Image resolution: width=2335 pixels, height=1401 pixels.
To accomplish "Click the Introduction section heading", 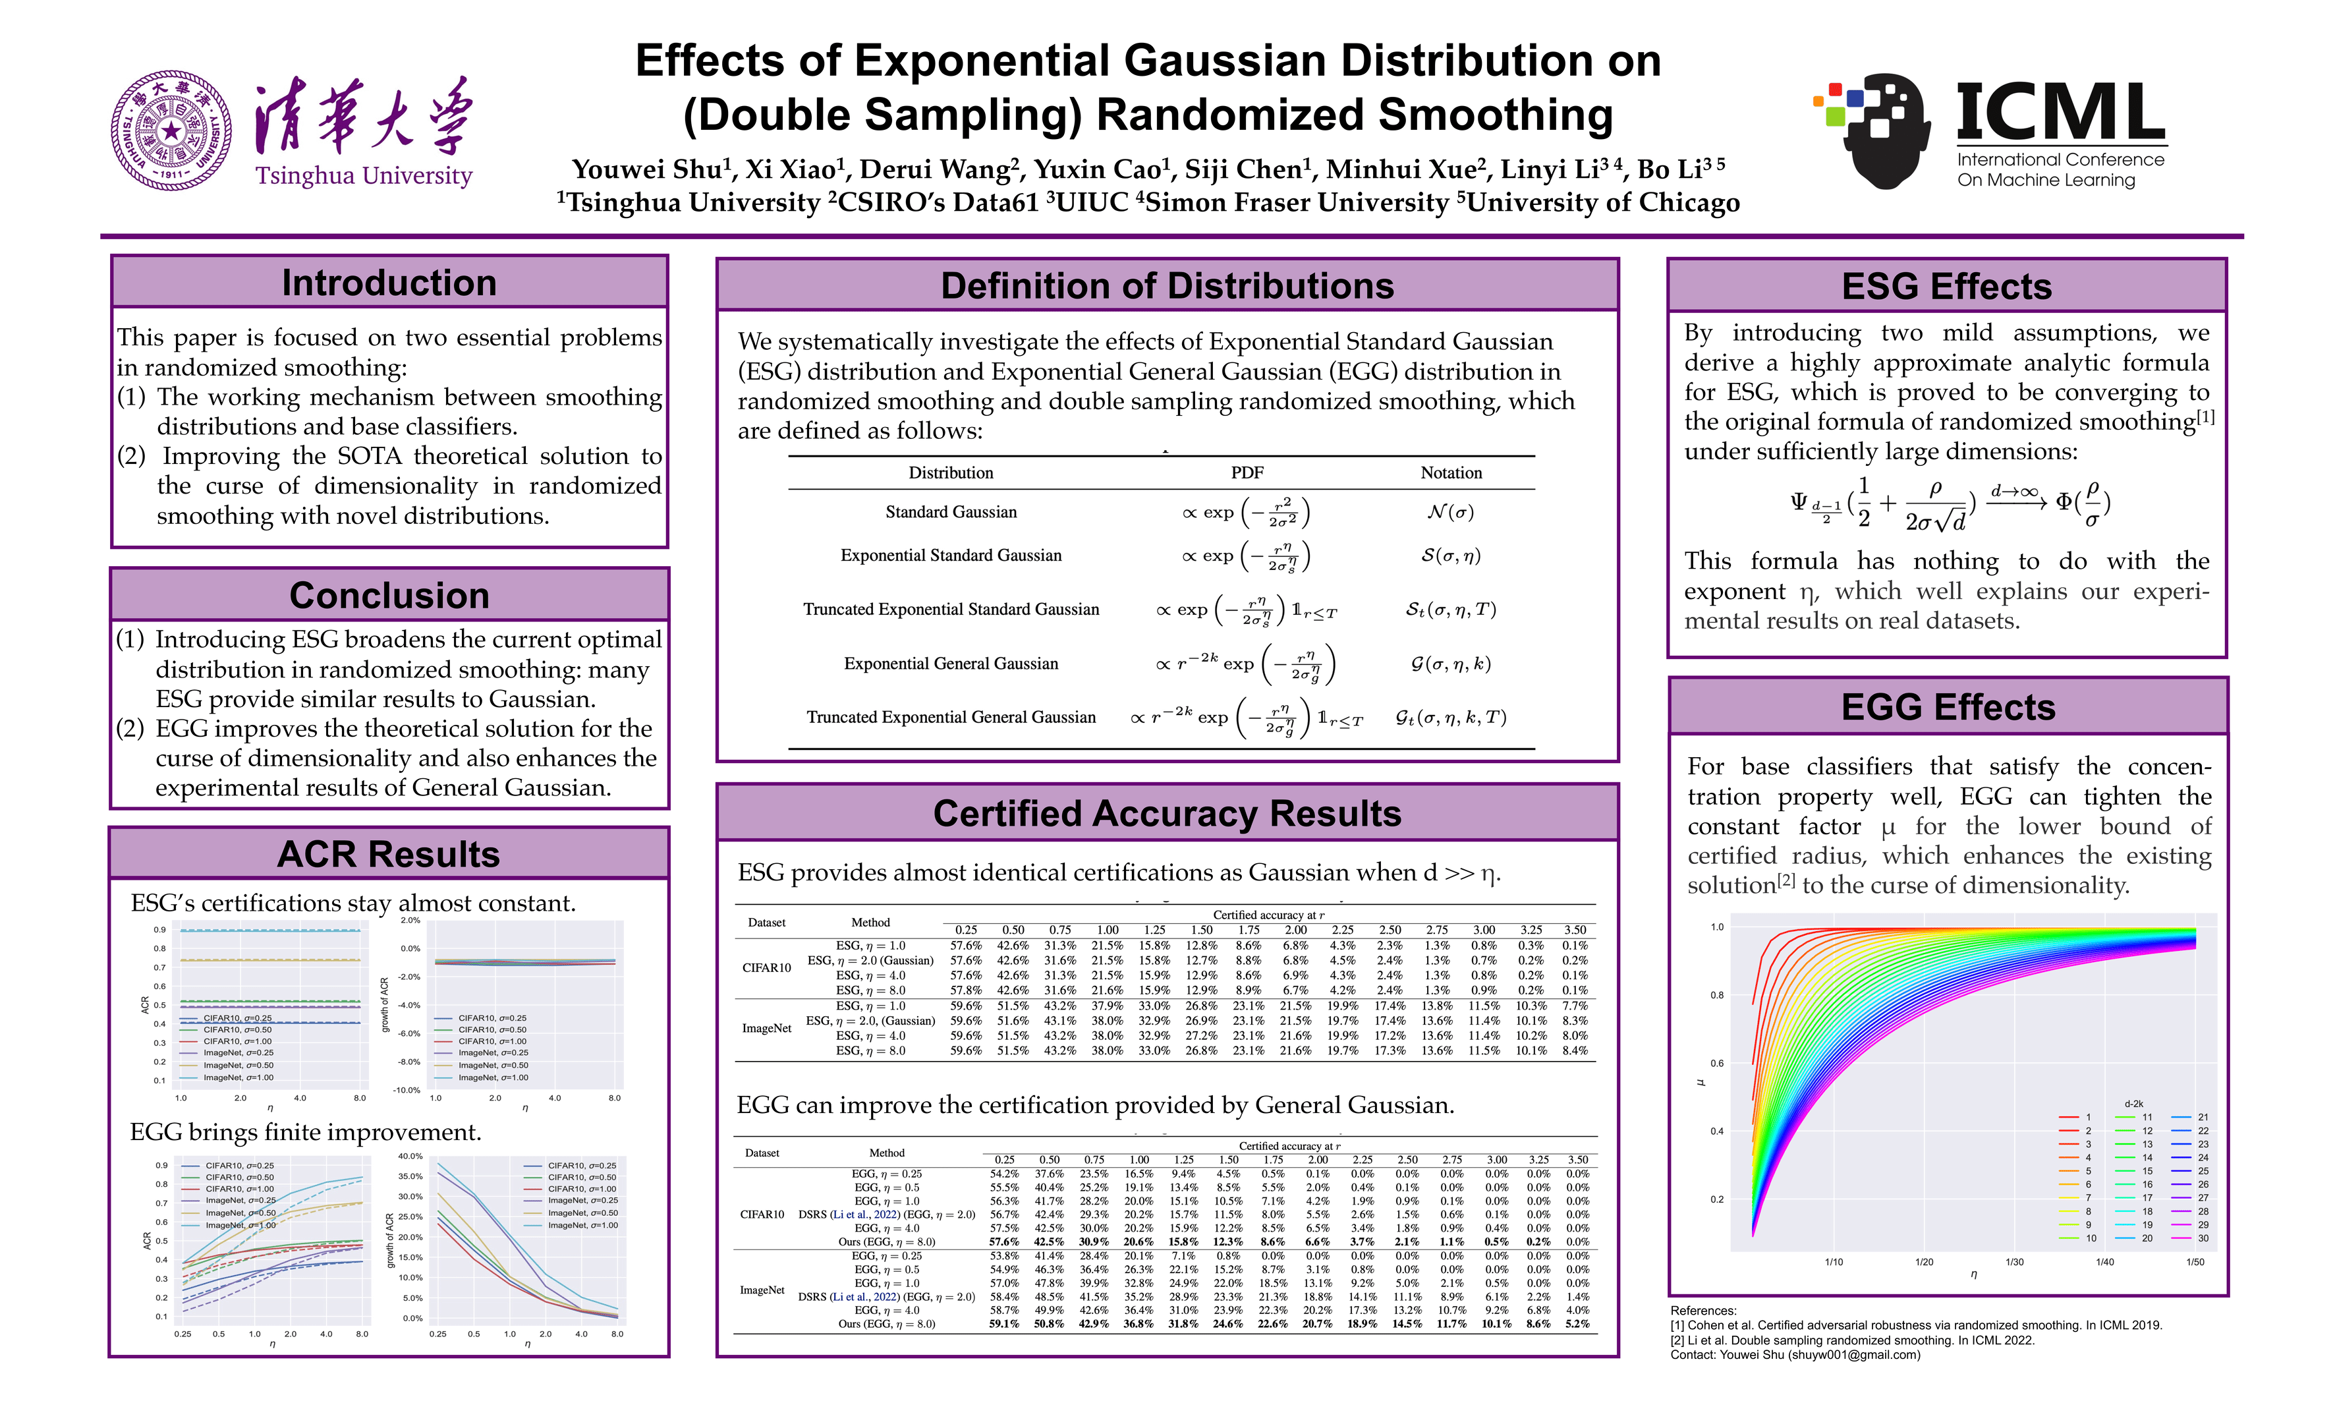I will click(x=389, y=283).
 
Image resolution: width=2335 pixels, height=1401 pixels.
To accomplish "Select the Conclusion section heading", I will click(x=389, y=596).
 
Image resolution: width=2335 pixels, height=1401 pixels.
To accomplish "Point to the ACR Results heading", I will click(x=389, y=855).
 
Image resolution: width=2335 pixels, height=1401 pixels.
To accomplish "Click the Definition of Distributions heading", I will click(x=1167, y=286).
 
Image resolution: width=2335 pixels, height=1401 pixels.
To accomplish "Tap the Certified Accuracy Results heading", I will click(x=1167, y=814).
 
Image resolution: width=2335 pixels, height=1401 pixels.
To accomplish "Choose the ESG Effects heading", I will click(x=1947, y=286).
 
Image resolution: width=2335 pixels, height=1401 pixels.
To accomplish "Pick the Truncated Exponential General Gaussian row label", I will click(x=951, y=718).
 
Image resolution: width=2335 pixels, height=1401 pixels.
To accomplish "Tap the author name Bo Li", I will click(x=1672, y=170).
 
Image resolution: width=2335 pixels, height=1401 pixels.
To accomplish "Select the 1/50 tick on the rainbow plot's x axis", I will click(x=2195, y=1262).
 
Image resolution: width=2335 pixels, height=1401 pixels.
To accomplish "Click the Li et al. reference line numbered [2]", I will click(x=1852, y=1340).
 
